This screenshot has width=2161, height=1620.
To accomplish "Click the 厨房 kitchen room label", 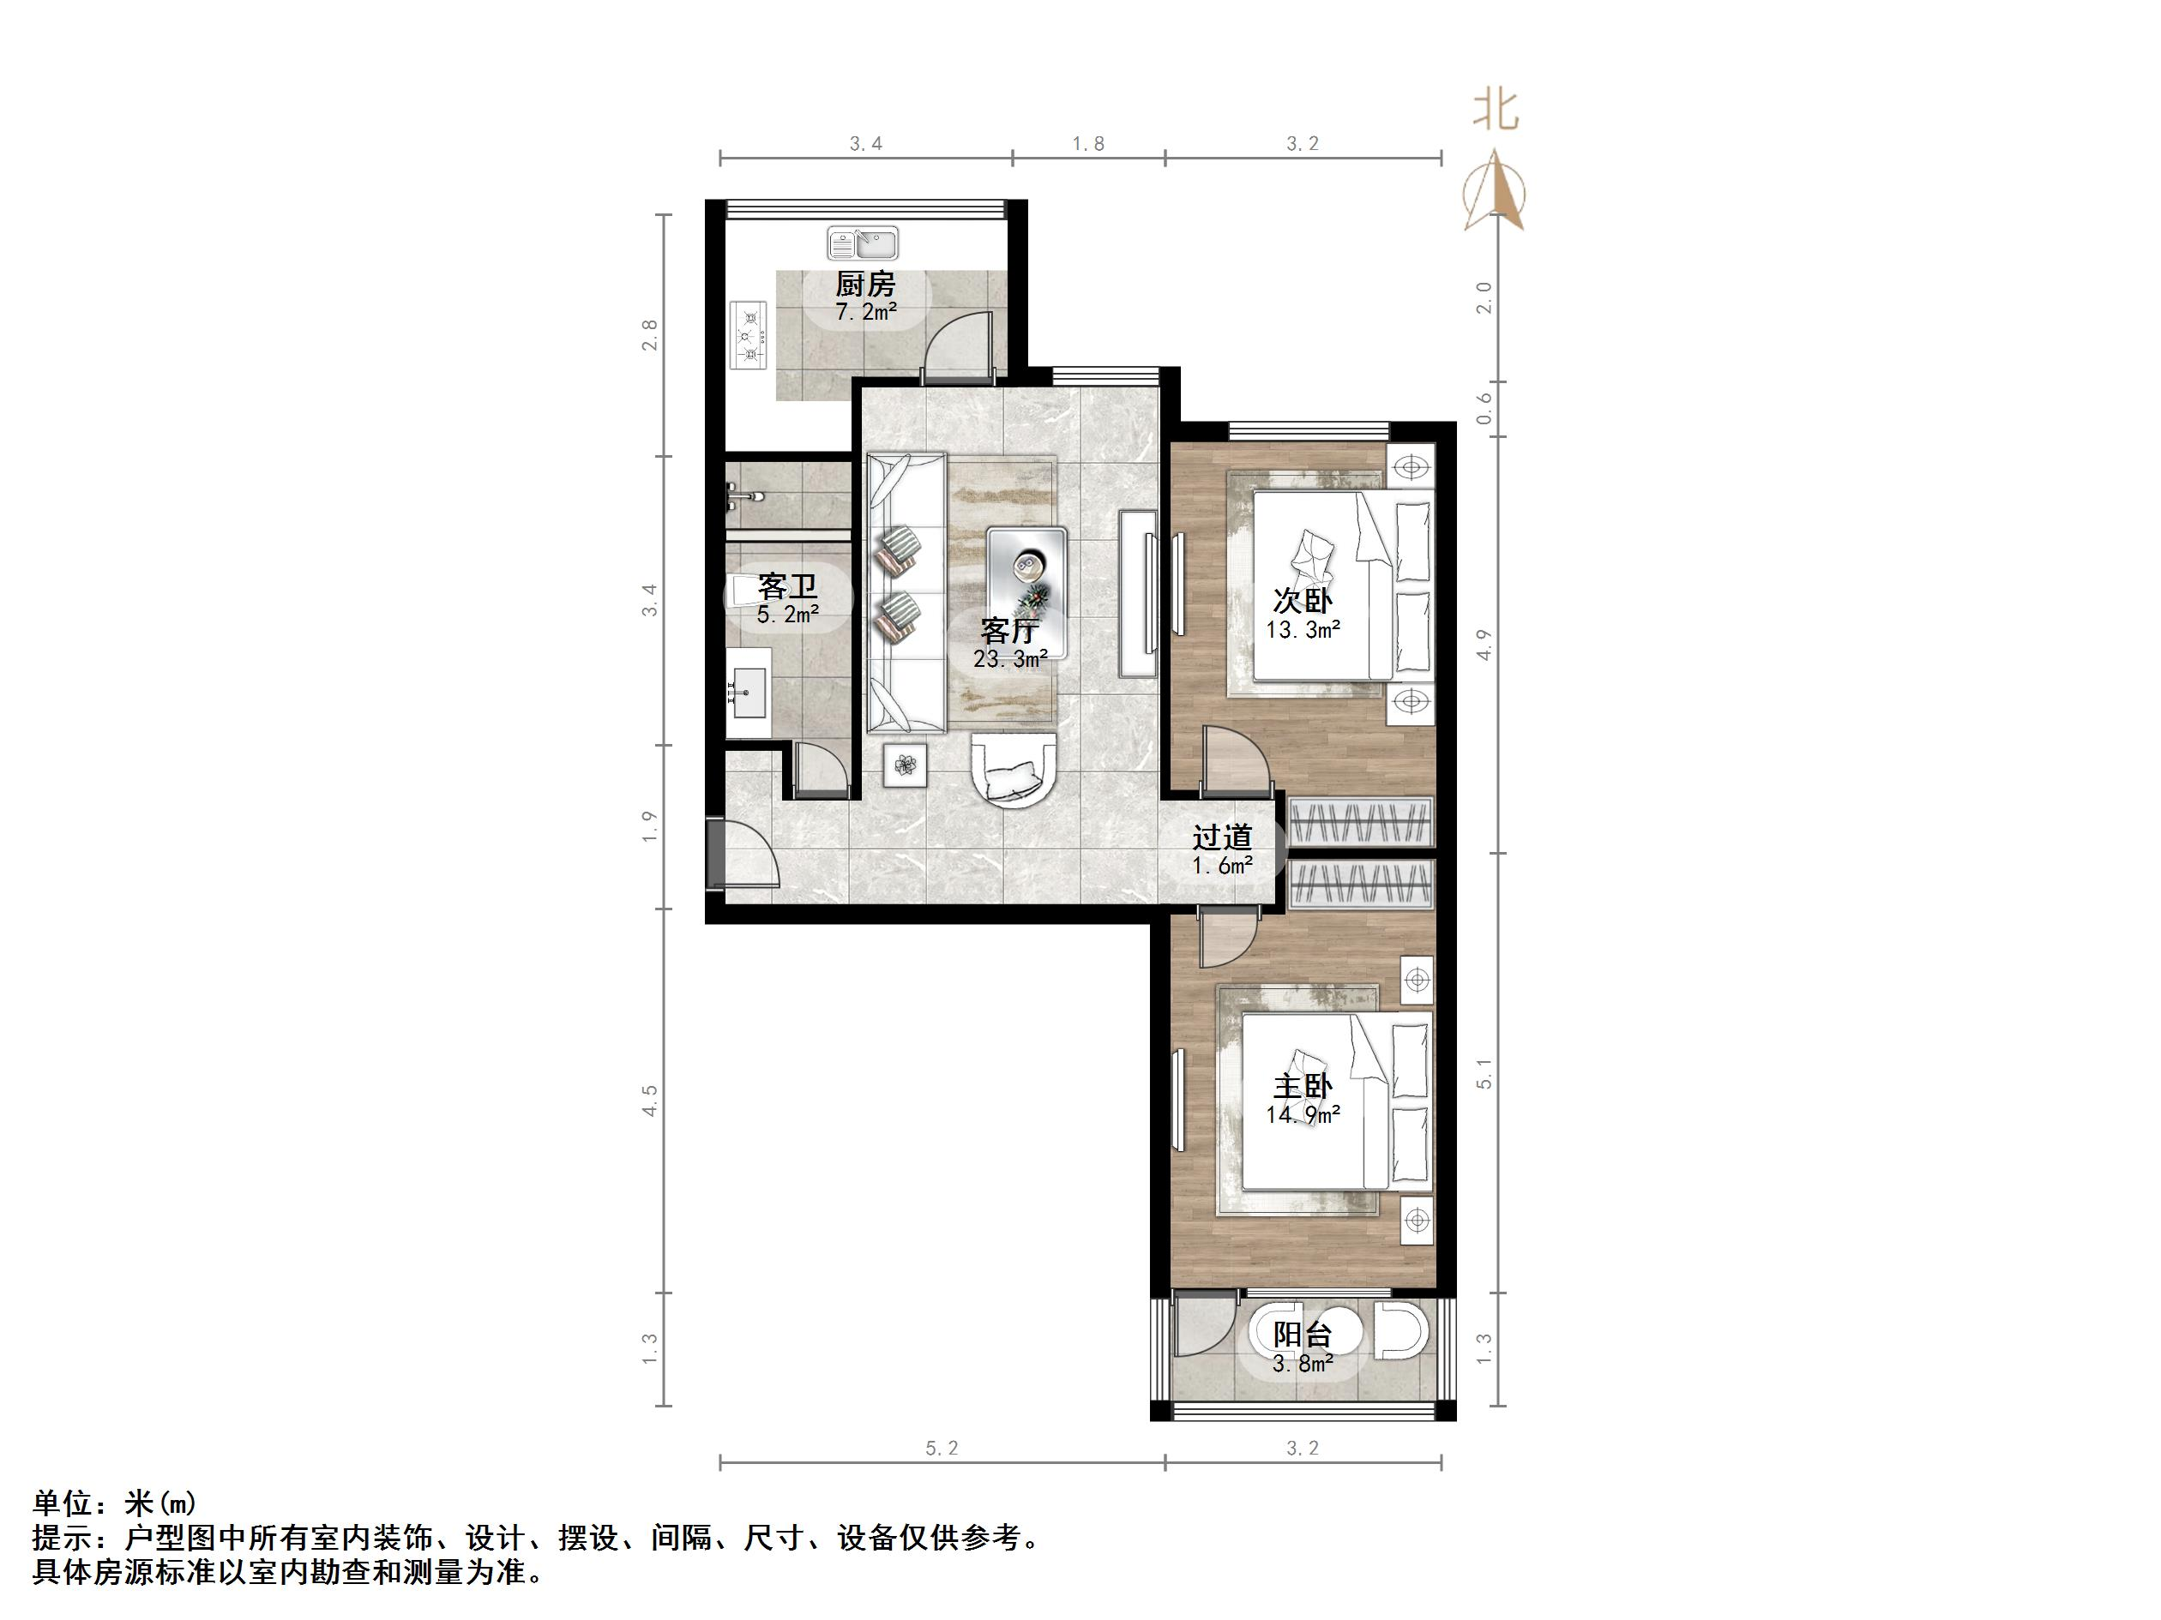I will pos(864,285).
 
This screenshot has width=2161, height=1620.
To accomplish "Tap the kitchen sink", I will pos(863,243).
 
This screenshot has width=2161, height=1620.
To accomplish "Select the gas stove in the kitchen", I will pos(750,334).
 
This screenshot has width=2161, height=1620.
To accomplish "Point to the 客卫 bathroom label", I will pos(786,586).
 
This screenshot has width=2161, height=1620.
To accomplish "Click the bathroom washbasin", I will pos(749,693).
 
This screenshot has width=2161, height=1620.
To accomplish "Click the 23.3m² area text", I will pos(1010,659).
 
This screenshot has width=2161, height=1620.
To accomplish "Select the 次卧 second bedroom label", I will pos(1303,599).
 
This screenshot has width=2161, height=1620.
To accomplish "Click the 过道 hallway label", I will pos(1222,837).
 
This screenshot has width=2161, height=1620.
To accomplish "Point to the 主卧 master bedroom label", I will pos(1303,1086).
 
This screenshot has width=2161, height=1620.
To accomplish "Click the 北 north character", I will pos(1496,111).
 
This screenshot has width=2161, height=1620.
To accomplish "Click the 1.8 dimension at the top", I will pos(1088,143).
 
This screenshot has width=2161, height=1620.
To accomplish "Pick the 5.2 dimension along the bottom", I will pos(942,1448).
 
